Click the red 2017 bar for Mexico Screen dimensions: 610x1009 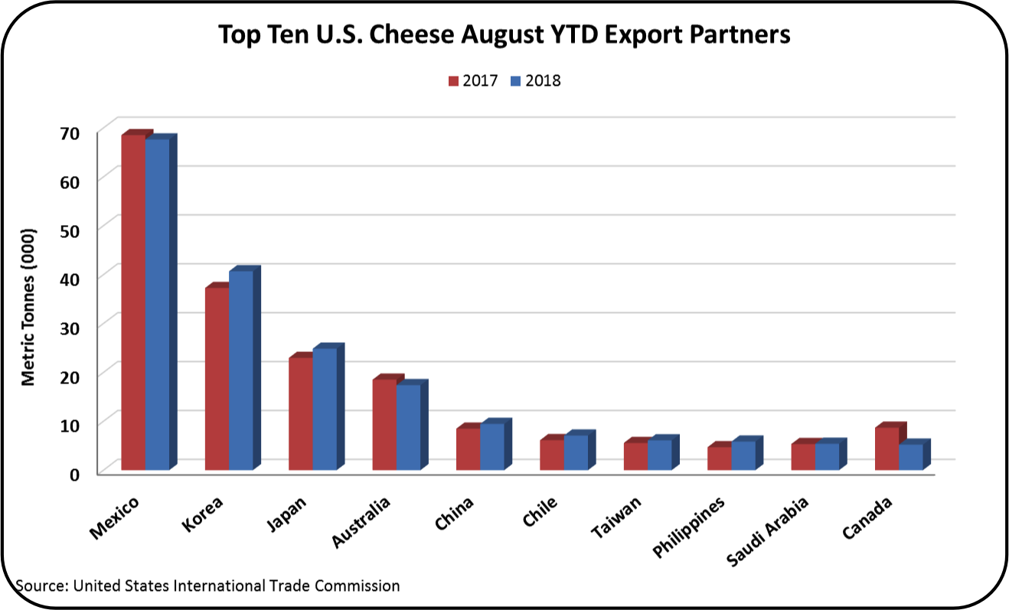click(133, 302)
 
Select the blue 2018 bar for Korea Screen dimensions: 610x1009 click(241, 370)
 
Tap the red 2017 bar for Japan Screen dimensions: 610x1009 click(301, 413)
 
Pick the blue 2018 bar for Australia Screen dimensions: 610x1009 click(408, 427)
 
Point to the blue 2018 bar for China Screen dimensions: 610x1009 click(492, 446)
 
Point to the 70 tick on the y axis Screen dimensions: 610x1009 click(70, 132)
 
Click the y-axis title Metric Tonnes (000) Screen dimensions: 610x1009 click(28, 306)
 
